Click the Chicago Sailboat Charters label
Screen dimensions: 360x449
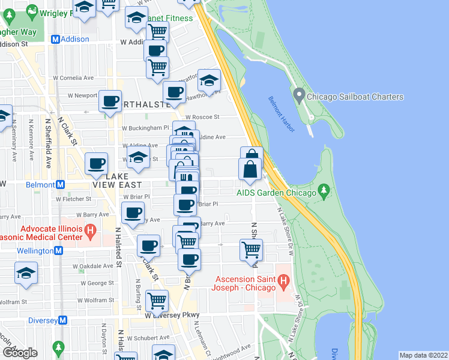[x=355, y=97]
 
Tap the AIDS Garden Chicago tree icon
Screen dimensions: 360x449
[x=325, y=193]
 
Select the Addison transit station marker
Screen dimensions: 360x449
[x=55, y=39]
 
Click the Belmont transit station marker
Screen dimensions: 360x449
[x=59, y=184]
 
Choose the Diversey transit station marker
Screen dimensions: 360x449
[x=58, y=320]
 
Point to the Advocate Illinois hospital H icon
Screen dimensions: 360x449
[x=90, y=229]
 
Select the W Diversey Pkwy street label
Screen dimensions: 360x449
[x=172, y=315]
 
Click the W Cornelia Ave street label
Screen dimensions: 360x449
[x=73, y=77]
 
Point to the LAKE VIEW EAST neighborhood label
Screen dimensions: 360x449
[x=118, y=181]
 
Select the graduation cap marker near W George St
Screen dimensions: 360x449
[x=26, y=273]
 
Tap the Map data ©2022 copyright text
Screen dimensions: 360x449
[x=423, y=355]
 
